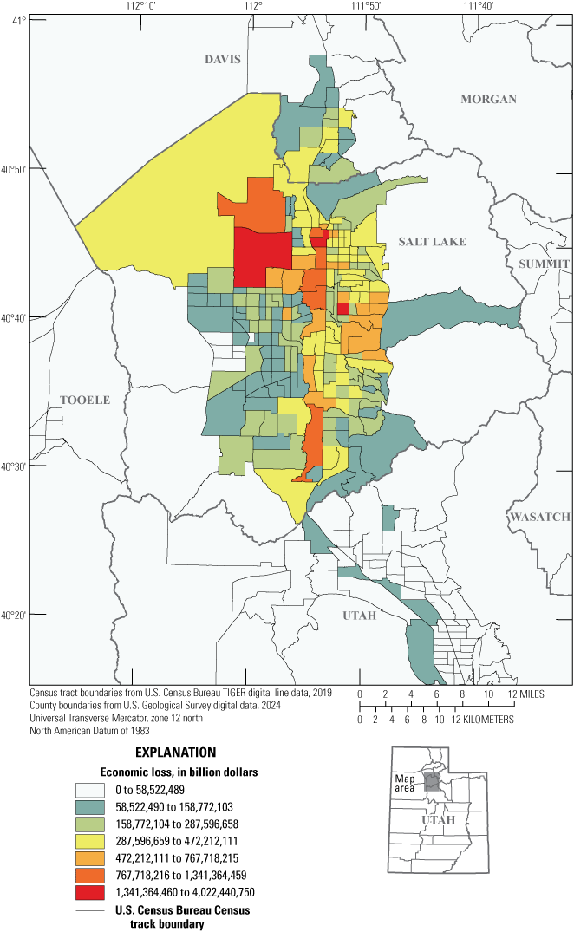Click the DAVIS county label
[222, 60]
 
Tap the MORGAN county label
[488, 99]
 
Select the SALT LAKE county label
[432, 242]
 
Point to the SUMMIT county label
[544, 264]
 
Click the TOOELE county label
[85, 400]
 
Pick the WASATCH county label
[539, 517]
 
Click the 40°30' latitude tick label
[13, 466]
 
